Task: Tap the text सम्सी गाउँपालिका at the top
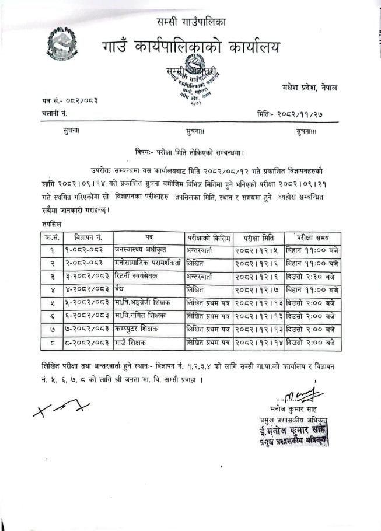pyautogui.click(x=191, y=22)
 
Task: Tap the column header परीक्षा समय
pyautogui.click(x=313, y=237)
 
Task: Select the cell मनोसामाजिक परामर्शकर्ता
pyautogui.click(x=148, y=263)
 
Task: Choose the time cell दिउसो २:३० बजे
pyautogui.click(x=313, y=277)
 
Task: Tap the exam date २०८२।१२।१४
pyautogui.click(x=259, y=343)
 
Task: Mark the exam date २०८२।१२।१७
pyautogui.click(x=259, y=290)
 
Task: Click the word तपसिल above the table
pyautogui.click(x=53, y=223)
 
